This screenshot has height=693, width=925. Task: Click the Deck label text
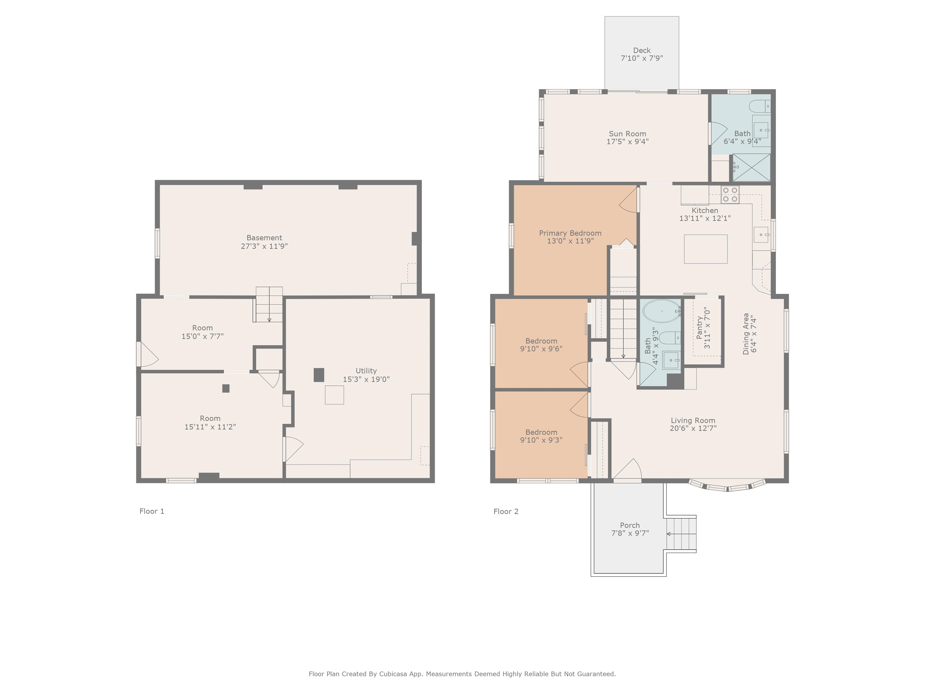(641, 51)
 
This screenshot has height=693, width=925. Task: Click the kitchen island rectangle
(705, 249)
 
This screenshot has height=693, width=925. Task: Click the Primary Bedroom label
(570, 233)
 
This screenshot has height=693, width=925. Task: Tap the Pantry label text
(699, 328)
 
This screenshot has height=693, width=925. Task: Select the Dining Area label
(746, 334)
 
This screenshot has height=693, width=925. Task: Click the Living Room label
(693, 421)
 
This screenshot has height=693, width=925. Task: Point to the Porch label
(630, 525)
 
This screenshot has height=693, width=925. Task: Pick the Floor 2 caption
(506, 511)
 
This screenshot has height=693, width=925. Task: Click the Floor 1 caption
(152, 511)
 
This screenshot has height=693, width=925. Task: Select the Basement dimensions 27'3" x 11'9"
(264, 246)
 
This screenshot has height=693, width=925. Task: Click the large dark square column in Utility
(319, 375)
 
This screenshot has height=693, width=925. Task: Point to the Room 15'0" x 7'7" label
(202, 332)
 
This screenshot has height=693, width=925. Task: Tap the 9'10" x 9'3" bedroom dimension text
(541, 440)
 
